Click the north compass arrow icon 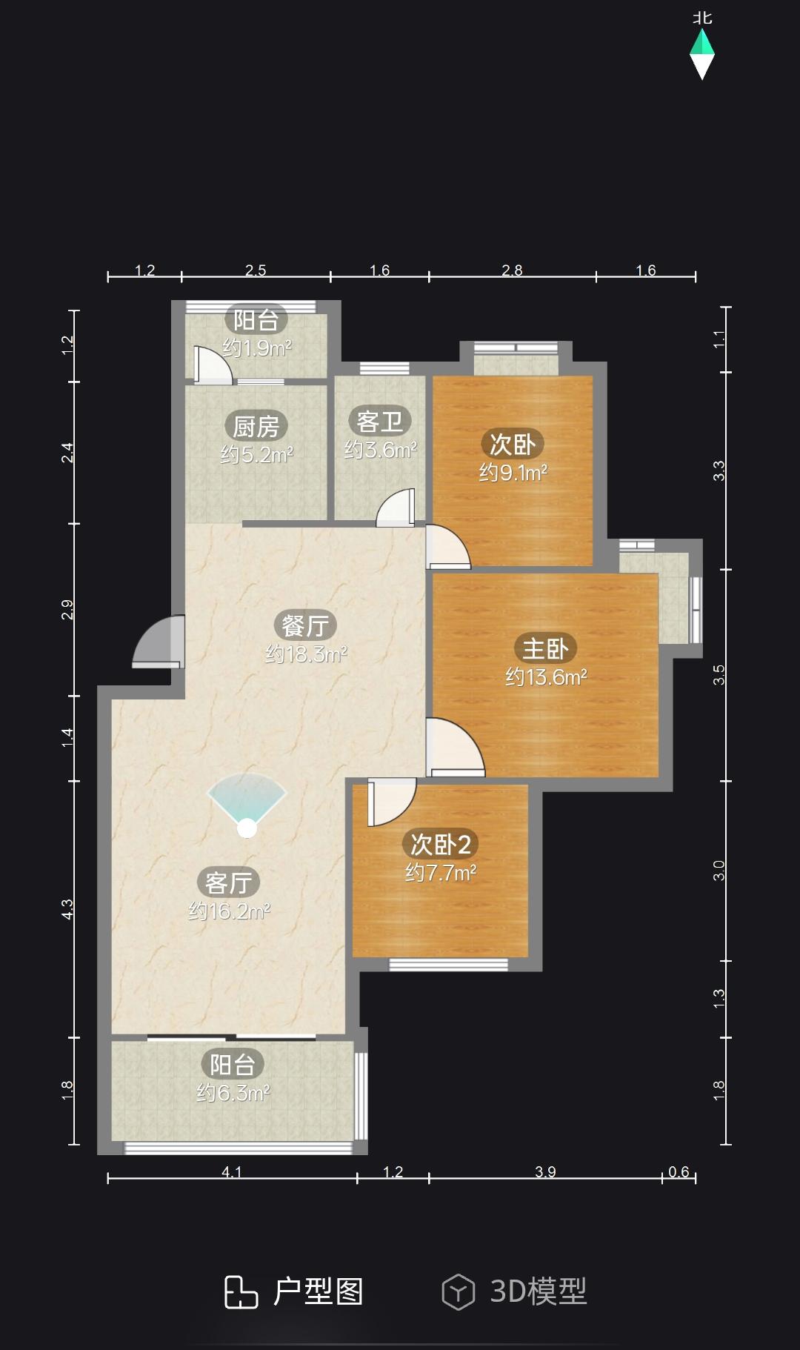(x=702, y=53)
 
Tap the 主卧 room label (x=545, y=648)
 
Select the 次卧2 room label (x=441, y=844)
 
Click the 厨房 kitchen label (x=256, y=426)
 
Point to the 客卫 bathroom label (x=380, y=422)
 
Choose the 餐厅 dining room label (x=305, y=625)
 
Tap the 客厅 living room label (x=228, y=882)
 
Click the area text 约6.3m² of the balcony (x=233, y=1093)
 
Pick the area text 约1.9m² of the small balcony (x=257, y=348)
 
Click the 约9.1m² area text (x=513, y=472)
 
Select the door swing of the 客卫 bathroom (x=396, y=508)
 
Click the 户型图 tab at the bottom (x=294, y=1291)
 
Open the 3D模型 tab (x=514, y=1291)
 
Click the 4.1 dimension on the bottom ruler (x=232, y=1171)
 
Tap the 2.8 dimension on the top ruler (x=512, y=270)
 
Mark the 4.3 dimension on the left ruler (x=67, y=909)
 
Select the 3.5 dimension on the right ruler (x=719, y=675)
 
